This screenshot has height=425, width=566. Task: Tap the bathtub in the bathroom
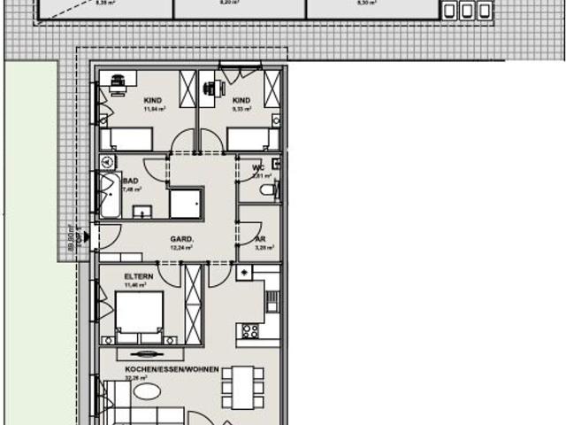pos(110,195)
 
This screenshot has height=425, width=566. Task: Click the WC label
pos(258,168)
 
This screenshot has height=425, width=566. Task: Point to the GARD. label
pos(182,239)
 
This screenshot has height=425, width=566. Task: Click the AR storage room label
pos(261,239)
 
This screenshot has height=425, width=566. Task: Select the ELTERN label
pos(140,276)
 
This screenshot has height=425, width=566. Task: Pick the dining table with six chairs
pos(239,386)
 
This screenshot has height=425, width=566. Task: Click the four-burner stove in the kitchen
pos(249,332)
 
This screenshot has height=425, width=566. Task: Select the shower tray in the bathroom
pos(186,204)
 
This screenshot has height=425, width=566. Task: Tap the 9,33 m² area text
pos(242,109)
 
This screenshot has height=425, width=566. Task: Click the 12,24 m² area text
pos(182,248)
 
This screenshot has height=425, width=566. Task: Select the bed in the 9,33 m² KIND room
pos(253,140)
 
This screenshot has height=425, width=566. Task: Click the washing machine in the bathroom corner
pos(108,163)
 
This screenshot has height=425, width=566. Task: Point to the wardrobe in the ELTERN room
pos(194,305)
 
